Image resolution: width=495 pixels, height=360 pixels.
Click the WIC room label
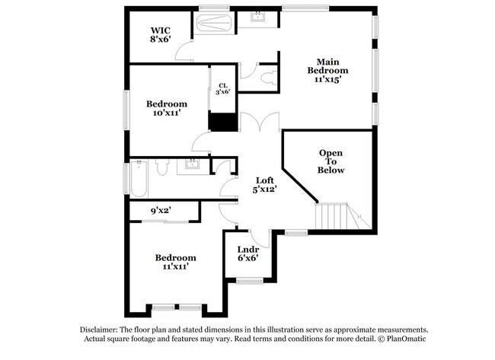pos(159,32)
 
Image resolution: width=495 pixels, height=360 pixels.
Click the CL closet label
pos(222,86)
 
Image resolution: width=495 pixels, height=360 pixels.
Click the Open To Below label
pos(331,161)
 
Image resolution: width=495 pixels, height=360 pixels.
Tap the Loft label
pos(265,180)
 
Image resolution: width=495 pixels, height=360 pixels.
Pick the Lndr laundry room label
pos(247,249)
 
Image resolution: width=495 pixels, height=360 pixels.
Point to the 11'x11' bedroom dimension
pos(176,267)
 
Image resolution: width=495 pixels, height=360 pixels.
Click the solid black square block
pos(222,123)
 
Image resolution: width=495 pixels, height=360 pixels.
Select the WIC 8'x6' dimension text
pos(159,43)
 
